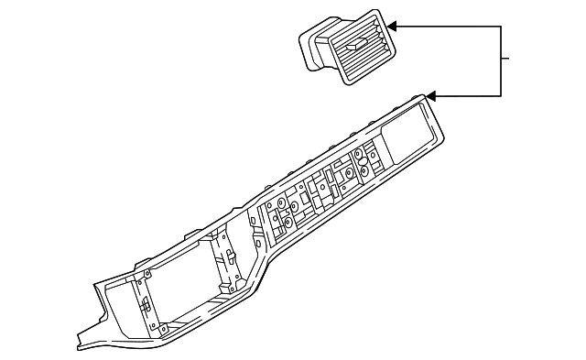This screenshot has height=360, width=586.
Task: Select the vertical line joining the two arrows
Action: point(502,60)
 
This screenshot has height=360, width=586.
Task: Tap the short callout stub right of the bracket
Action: point(506,60)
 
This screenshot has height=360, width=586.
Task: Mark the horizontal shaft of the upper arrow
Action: point(449,27)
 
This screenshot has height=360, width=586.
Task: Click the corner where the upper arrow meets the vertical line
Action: point(502,27)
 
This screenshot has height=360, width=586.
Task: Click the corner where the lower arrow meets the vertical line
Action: point(502,95)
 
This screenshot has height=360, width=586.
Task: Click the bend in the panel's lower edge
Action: point(266,276)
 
